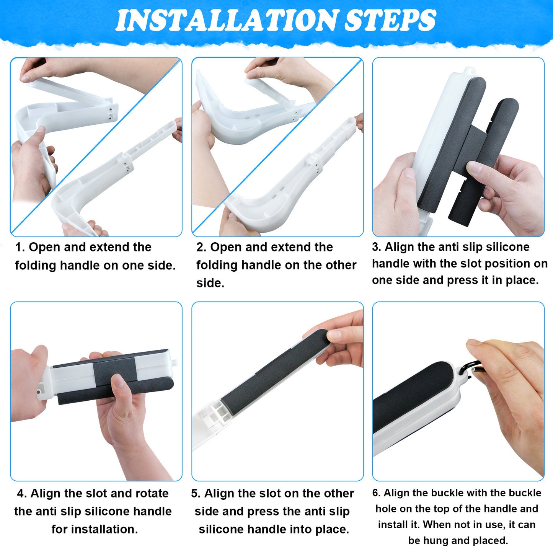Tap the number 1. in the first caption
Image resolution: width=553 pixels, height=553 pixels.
tap(20, 247)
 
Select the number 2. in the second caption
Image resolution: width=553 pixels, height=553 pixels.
tap(201, 247)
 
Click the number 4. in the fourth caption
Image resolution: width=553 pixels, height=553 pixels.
tap(22, 494)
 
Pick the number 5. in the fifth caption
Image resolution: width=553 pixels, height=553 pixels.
tap(196, 494)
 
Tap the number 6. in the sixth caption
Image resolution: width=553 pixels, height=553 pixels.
tap(376, 493)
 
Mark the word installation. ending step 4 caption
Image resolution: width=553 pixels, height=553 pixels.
tap(95, 529)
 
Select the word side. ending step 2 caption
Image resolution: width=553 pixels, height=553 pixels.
tap(210, 283)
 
